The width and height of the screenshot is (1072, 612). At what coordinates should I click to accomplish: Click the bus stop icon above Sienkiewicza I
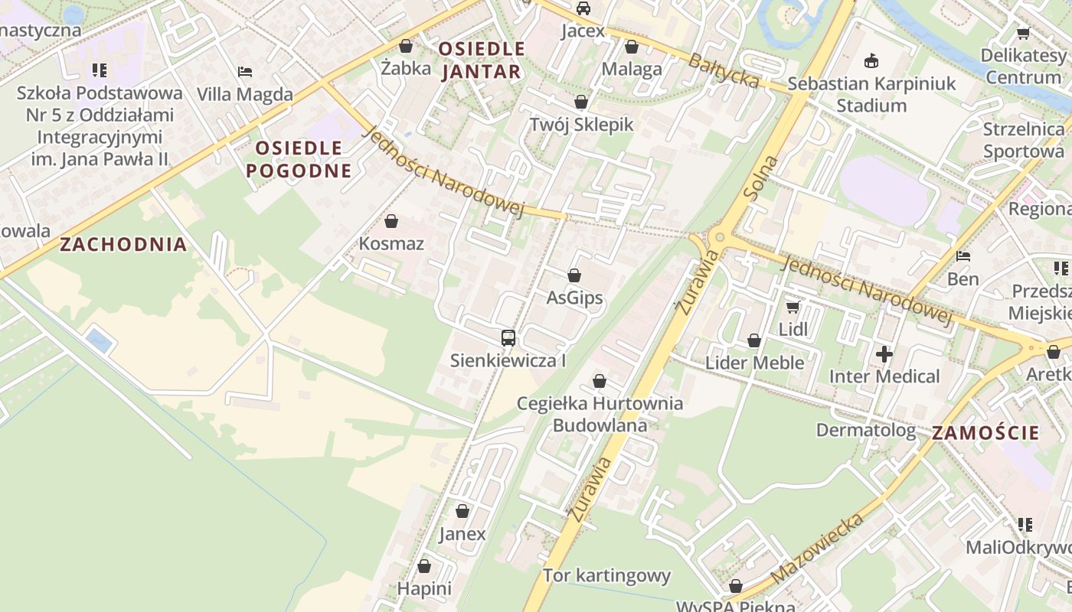tap(508, 337)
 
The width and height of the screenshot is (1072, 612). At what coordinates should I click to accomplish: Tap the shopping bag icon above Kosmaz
tap(391, 222)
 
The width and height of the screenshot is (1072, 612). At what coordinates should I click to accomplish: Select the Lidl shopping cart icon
tap(793, 307)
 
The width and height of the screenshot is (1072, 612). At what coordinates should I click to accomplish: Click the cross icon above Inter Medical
tap(884, 354)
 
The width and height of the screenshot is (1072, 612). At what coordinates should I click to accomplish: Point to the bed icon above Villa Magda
tap(245, 72)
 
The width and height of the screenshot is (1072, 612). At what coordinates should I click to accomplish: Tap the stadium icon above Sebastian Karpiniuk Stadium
tap(871, 60)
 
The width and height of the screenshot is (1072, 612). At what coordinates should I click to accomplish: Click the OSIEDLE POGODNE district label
tap(299, 159)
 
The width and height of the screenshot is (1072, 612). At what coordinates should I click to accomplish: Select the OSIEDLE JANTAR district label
tap(482, 60)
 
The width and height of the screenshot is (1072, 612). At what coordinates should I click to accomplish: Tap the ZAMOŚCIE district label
tap(985, 433)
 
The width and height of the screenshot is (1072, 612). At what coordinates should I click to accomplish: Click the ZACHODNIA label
tap(123, 245)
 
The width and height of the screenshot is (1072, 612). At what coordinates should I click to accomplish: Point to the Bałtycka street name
tap(723, 70)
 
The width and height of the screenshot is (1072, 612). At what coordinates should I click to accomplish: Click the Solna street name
tap(760, 179)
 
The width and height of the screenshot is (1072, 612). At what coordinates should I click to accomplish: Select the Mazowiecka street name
tap(818, 548)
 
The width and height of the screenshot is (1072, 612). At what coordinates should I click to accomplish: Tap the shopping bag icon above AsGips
tap(574, 275)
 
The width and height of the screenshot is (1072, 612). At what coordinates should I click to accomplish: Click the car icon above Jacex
tap(583, 8)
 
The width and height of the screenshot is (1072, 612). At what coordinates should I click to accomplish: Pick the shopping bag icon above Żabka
tap(406, 46)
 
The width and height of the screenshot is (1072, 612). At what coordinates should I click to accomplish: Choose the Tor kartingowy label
tap(606, 575)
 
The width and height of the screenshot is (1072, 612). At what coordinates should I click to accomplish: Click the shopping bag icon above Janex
tap(462, 511)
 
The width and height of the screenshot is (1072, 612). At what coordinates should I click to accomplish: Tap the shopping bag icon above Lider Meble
tap(754, 340)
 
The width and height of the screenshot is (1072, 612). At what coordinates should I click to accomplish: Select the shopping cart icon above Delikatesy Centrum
tap(1023, 33)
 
